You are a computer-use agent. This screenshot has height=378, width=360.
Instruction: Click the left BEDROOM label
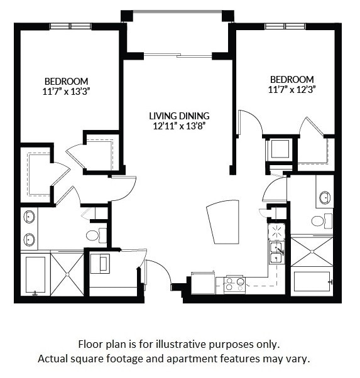66,81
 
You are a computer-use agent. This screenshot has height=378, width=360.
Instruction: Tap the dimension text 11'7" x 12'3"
292,89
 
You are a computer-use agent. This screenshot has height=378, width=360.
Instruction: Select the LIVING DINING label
179,116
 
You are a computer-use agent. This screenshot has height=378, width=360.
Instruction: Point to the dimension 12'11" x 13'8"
179,126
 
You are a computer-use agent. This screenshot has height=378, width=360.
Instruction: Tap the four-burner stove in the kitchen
235,284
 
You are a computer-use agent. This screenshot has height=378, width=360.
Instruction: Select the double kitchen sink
276,251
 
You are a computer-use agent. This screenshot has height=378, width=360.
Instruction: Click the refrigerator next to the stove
203,284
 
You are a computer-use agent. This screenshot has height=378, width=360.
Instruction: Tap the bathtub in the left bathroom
35,274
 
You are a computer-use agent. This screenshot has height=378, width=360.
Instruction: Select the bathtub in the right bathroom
312,281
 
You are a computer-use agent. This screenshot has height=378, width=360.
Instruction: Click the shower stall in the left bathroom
67,274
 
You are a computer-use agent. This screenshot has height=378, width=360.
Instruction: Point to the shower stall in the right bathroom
312,251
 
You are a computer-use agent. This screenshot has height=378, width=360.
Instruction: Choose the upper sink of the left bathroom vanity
30,218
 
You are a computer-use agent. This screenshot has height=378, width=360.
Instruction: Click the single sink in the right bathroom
325,198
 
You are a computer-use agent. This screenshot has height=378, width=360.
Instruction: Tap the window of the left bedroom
71,26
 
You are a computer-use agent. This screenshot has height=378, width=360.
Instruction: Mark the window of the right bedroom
285,26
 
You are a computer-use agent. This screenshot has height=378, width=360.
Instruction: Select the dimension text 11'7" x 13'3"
66,91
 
